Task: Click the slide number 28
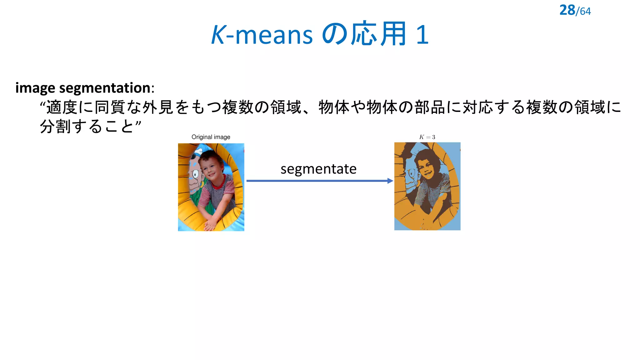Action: click(x=567, y=10)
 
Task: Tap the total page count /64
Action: click(x=583, y=12)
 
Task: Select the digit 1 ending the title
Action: click(x=422, y=35)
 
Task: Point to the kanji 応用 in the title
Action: click(x=378, y=34)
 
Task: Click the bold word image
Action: click(x=35, y=88)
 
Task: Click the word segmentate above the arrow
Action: click(x=318, y=169)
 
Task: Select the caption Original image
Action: click(x=211, y=137)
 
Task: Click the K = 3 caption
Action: click(x=427, y=137)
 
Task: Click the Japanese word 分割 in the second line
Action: click(x=55, y=127)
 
